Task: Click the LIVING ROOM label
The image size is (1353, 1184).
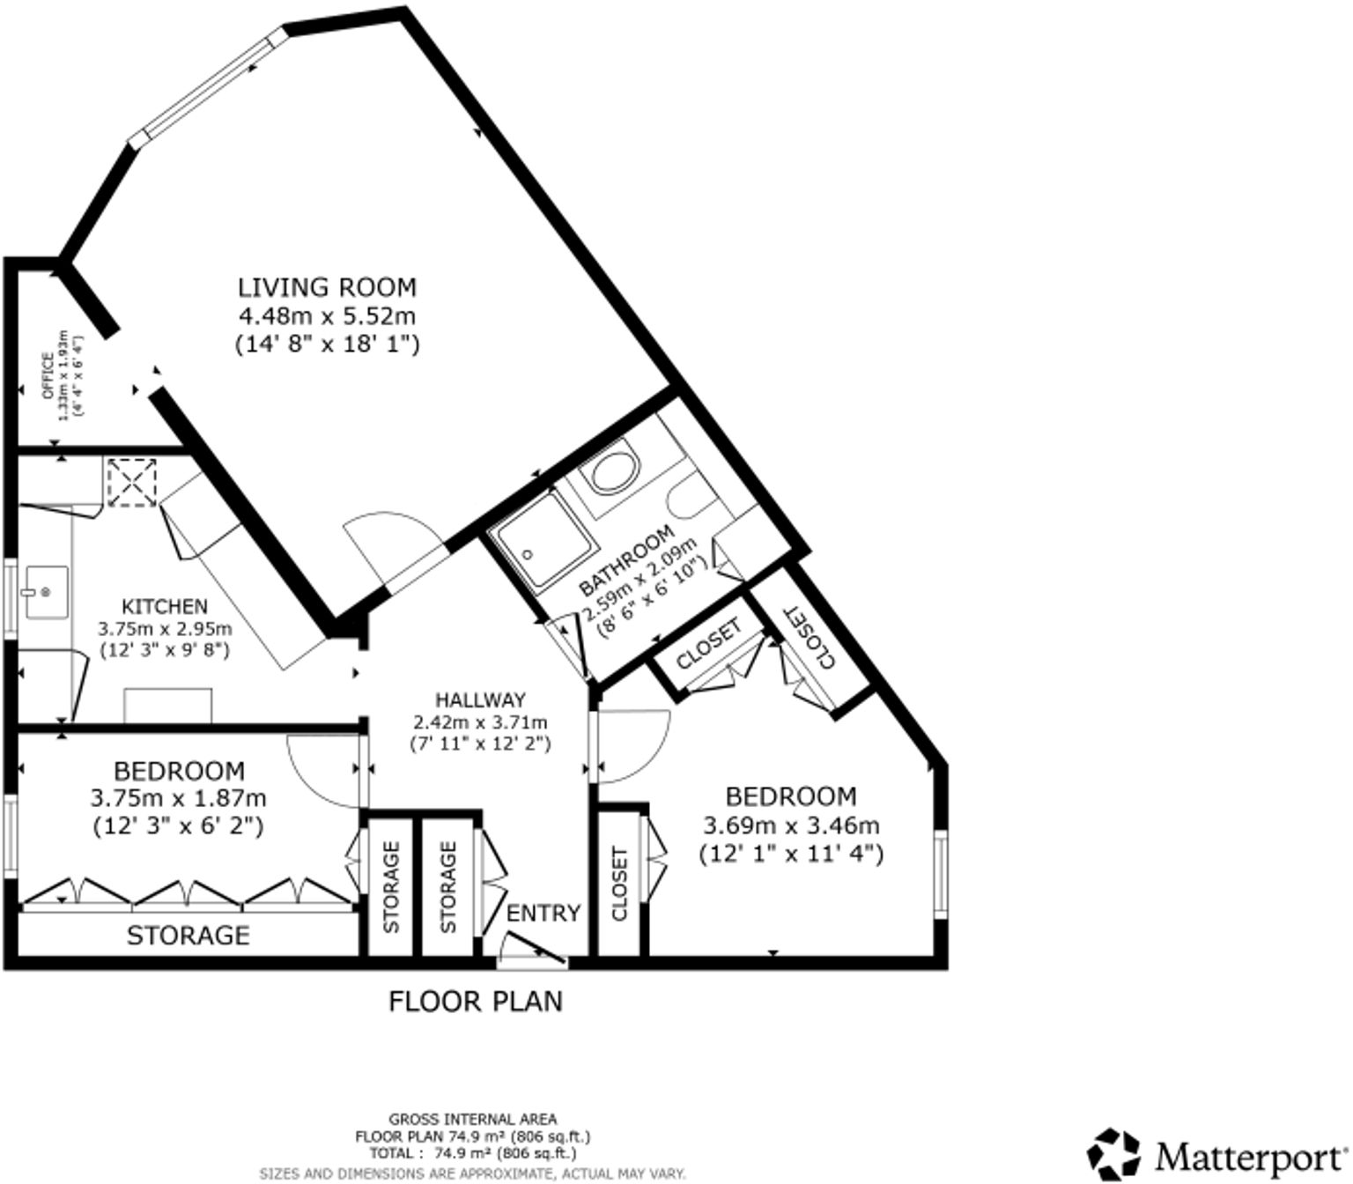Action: click(327, 287)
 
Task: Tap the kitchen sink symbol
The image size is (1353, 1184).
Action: click(44, 592)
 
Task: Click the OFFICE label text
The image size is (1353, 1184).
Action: click(48, 375)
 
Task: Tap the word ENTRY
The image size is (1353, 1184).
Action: click(543, 913)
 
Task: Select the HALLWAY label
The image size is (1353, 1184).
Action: click(480, 699)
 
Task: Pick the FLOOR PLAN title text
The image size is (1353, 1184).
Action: click(476, 1002)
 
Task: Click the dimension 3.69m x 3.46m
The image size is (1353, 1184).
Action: click(791, 825)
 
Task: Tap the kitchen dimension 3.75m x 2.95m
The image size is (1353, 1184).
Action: click(165, 629)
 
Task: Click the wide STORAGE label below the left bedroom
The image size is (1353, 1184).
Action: click(188, 935)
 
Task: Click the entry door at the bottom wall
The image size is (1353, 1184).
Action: click(533, 955)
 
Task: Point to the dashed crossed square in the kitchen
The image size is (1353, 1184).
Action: click(132, 482)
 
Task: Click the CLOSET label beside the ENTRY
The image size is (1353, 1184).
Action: click(619, 884)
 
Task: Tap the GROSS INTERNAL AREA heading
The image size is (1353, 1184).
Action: click(472, 1120)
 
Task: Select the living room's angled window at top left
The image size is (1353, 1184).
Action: click(208, 85)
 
